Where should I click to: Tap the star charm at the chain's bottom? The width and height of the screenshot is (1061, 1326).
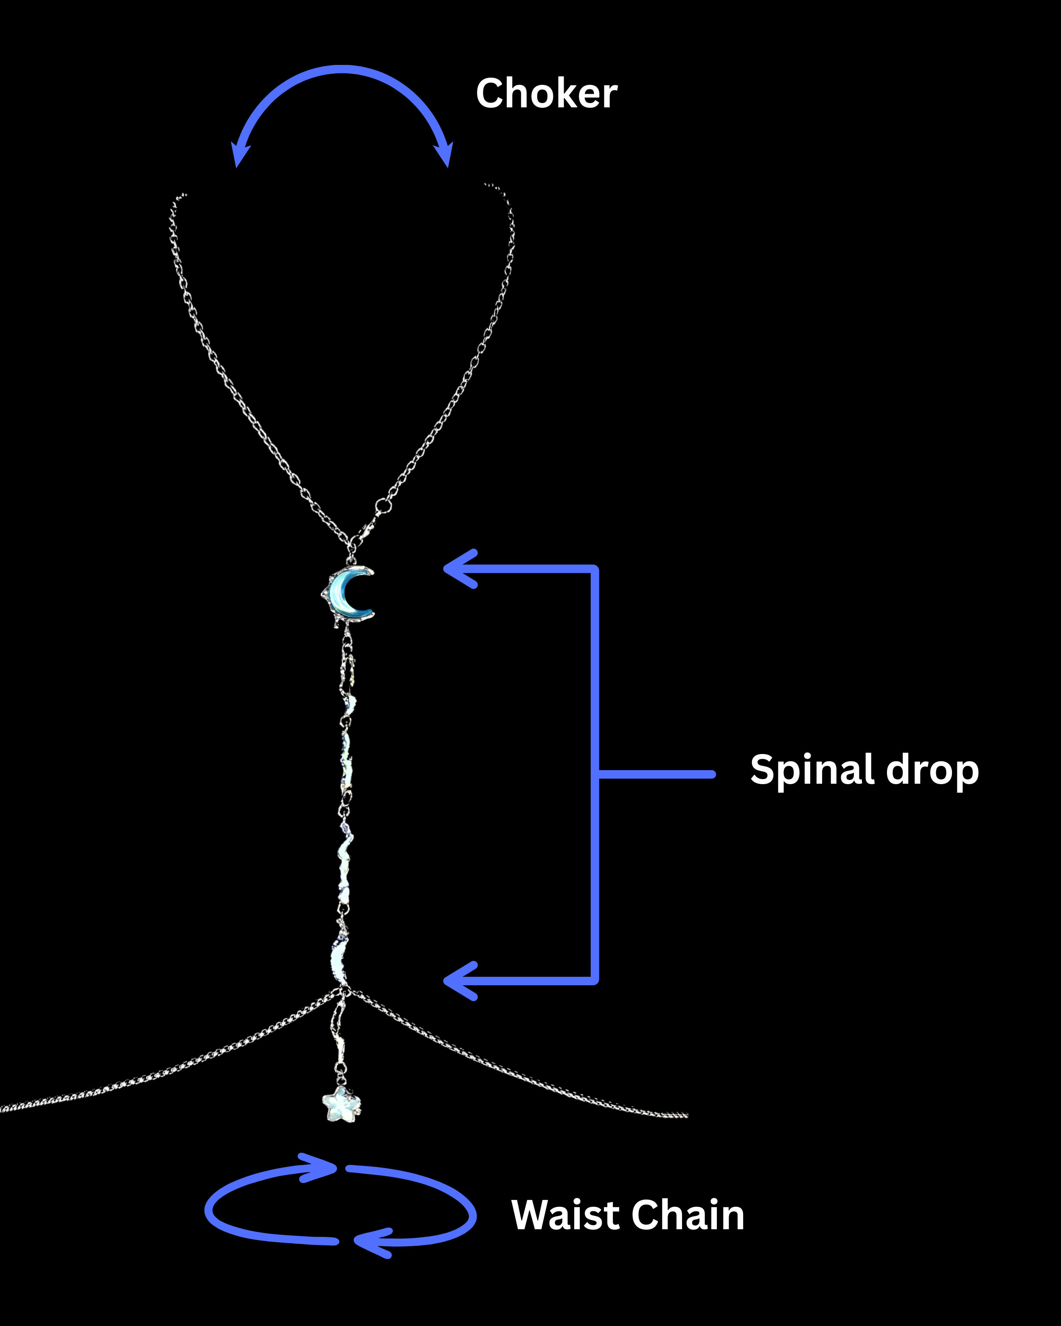tap(341, 1103)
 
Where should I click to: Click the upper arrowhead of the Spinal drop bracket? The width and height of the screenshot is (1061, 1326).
tap(458, 569)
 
